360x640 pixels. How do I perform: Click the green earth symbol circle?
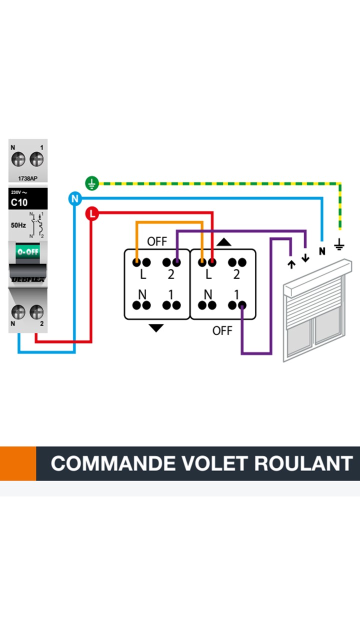(91, 183)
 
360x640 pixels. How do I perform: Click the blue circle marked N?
(75, 199)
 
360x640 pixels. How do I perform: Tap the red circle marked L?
(92, 214)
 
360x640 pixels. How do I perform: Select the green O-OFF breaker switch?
(28, 251)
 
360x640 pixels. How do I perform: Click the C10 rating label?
(19, 203)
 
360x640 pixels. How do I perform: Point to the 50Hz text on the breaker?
(18, 225)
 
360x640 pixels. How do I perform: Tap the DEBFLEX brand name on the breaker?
(28, 279)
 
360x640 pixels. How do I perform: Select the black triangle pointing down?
(156, 328)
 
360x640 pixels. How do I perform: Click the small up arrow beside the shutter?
(291, 263)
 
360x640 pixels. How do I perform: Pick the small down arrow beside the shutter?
(305, 258)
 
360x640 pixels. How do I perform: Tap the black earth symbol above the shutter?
(339, 244)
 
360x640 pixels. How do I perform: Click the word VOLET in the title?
(213, 463)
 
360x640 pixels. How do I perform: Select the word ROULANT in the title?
(303, 463)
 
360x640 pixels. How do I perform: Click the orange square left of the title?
(18, 463)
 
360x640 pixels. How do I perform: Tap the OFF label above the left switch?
(157, 241)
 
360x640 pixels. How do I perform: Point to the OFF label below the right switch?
(222, 330)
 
